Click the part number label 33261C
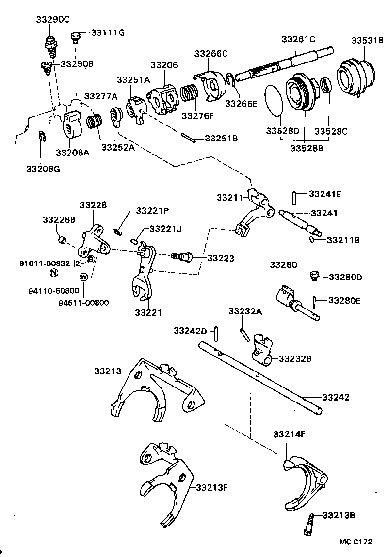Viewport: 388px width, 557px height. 298,39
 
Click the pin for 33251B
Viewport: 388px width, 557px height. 189,138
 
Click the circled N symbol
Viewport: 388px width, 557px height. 54,273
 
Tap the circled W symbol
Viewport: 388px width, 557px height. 84,277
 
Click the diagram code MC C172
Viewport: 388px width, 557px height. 356,542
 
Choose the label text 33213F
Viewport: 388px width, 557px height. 211,487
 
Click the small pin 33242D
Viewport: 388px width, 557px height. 216,334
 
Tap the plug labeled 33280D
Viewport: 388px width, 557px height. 314,276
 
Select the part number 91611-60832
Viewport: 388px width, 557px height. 45,263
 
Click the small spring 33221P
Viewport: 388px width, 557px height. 118,232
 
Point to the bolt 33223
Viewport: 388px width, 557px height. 182,256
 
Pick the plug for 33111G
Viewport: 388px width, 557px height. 75,37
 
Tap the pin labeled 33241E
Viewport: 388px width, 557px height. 294,198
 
